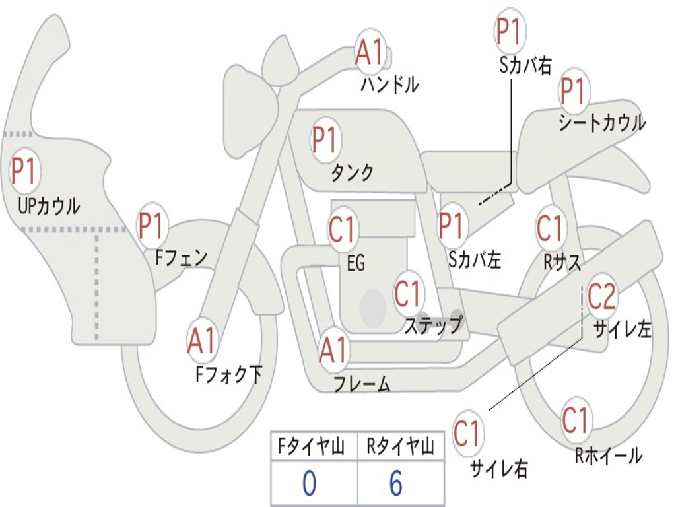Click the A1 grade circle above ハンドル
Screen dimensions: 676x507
click(370, 52)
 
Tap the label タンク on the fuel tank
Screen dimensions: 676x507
click(352, 173)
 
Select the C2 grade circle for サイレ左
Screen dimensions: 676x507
click(601, 296)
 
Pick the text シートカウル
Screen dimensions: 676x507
click(601, 123)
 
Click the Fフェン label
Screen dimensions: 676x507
click(182, 257)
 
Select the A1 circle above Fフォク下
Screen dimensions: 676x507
click(201, 341)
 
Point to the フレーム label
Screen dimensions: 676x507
click(362, 384)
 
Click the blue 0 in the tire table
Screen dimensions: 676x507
click(309, 484)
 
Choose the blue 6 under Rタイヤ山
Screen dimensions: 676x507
click(395, 484)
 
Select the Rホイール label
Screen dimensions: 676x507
click(608, 455)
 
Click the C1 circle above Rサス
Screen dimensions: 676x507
click(550, 229)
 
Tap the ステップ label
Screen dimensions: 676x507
click(434, 325)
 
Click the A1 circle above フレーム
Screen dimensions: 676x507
click(333, 351)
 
